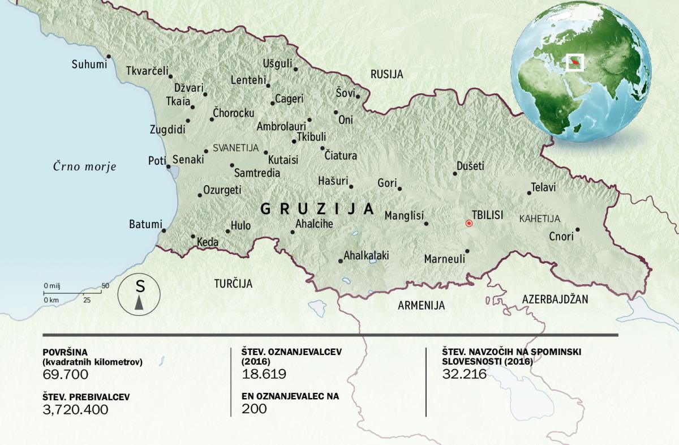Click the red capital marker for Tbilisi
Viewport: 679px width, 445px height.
469,224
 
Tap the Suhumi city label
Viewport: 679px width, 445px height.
89,65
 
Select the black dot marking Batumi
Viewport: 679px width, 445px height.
164,230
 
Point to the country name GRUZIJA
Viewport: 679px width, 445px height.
317,209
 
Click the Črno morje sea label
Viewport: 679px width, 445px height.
84,166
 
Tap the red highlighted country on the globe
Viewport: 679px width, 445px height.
575,61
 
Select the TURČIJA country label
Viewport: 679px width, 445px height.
233,284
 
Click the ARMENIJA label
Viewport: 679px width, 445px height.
421,306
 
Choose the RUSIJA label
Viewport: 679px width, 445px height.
386,74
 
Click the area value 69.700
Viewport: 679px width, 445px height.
66,374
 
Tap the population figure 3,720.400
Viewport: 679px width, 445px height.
75,409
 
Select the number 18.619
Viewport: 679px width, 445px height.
264,374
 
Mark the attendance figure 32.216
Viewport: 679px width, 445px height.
465,374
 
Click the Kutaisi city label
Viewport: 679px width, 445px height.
283,160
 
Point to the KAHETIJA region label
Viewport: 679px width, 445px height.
539,219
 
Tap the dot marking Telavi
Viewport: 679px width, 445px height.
529,193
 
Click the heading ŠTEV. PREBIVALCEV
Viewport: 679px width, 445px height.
86,397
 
